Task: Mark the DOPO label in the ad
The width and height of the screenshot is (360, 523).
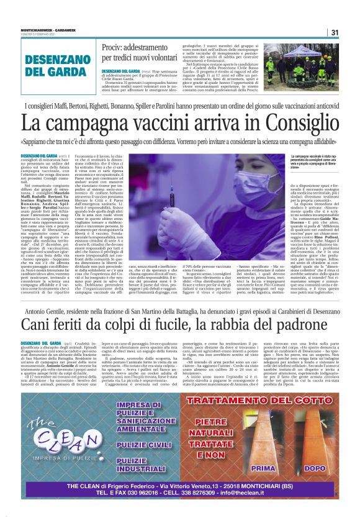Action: click(314, 468)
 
